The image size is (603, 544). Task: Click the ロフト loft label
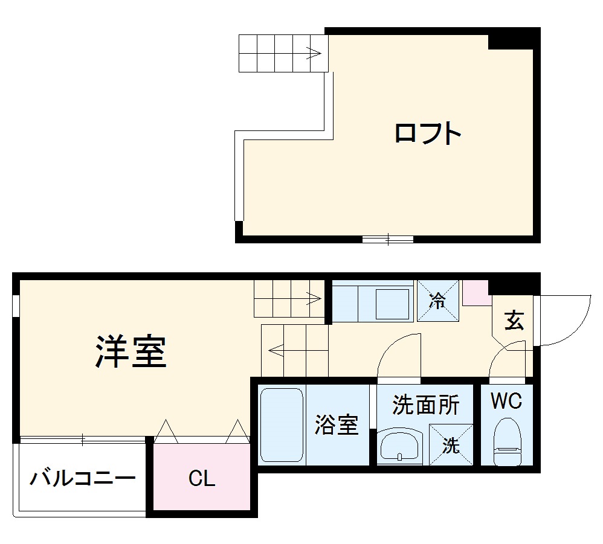(428, 133)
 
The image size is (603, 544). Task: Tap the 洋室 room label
(131, 351)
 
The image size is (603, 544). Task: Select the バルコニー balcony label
(83, 479)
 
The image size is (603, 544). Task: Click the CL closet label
(202, 479)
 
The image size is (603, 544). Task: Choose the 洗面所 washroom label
(425, 405)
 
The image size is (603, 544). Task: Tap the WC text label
(506, 401)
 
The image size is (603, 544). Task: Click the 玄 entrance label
(514, 321)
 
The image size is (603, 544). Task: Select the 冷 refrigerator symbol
(437, 301)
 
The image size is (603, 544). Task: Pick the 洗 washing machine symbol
(451, 445)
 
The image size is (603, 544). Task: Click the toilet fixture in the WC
(506, 443)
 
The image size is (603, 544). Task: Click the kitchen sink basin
(393, 302)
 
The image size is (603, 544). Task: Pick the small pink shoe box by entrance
(476, 292)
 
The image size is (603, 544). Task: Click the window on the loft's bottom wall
(387, 239)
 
